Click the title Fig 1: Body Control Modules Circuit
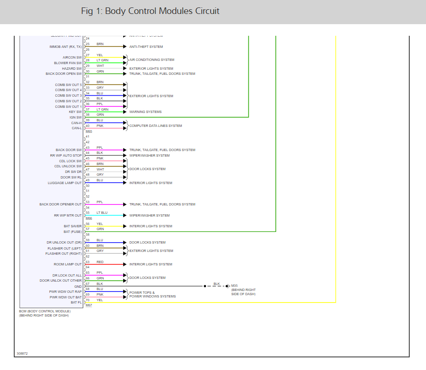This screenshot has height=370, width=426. [150, 11]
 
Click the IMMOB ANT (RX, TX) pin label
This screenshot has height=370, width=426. [66, 46]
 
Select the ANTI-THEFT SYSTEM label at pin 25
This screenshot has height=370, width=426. [146, 46]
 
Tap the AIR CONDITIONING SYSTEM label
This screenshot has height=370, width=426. [152, 60]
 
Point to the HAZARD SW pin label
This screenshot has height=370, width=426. [72, 68]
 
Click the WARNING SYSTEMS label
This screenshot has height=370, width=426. [146, 112]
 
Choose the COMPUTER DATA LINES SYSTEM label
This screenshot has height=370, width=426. [156, 126]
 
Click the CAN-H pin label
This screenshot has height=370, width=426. [76, 123]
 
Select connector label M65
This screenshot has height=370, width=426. [89, 132]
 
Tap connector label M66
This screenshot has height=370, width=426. [89, 218]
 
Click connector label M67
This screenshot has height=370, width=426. [89, 305]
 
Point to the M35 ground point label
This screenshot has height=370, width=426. [234, 286]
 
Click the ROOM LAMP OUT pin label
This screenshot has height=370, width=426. [67, 264]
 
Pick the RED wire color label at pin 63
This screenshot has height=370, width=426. [100, 262]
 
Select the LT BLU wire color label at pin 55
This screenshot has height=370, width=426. [102, 213]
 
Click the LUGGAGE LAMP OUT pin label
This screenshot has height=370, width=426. [65, 183]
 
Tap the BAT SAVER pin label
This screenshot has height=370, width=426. [73, 226]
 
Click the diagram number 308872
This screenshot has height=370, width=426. [22, 354]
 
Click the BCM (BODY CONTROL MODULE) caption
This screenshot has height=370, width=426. [45, 311]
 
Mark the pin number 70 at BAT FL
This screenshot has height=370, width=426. [87, 300]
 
